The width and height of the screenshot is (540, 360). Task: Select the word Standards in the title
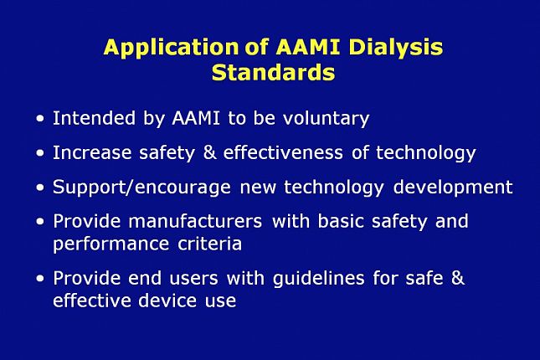[273, 73]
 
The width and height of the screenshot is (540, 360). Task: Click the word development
[453, 188]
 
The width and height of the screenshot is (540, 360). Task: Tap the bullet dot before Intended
[41, 120]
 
